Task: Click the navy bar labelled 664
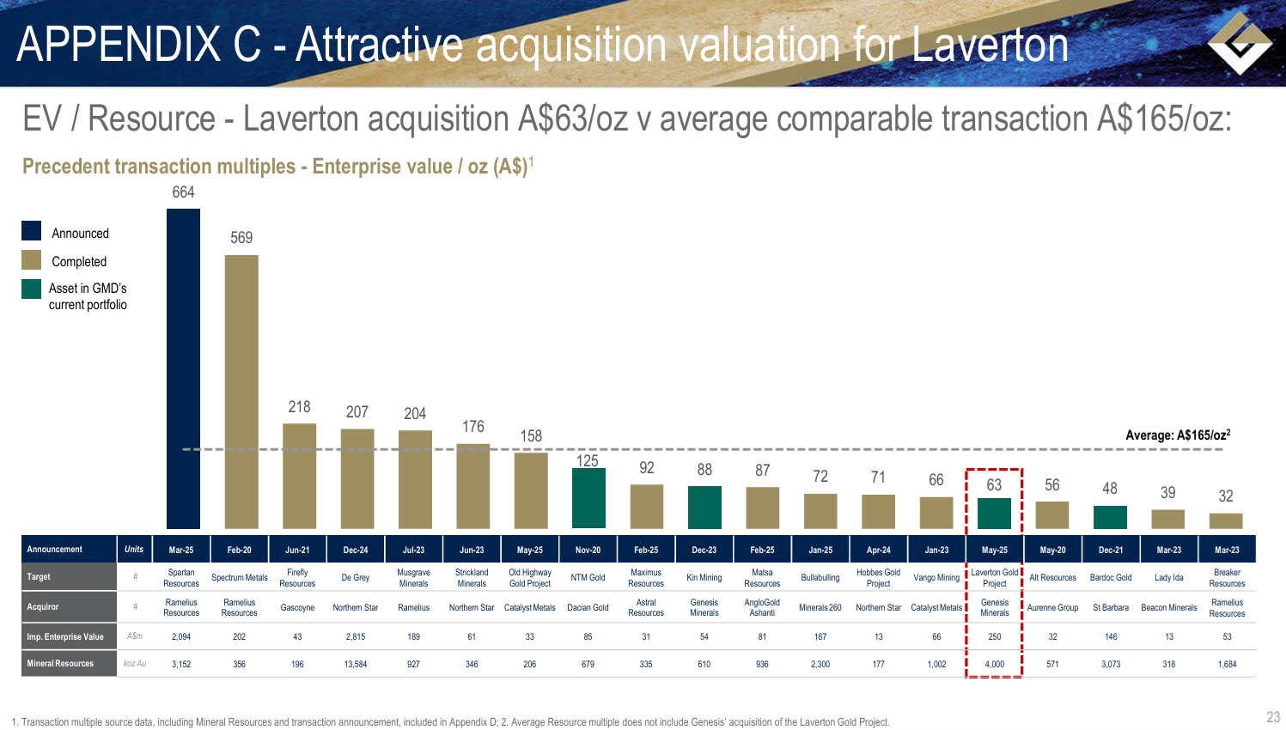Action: [x=183, y=368]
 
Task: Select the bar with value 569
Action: [x=241, y=391]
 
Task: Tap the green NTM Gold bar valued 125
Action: [x=588, y=498]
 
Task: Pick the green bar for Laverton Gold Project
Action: [x=995, y=513]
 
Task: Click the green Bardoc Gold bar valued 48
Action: [x=1110, y=517]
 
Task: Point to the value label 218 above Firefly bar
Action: [x=299, y=406]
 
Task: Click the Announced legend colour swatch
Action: [x=32, y=231]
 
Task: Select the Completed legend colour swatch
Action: [x=32, y=260]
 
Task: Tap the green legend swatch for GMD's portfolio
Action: [x=32, y=289]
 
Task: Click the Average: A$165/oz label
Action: [x=1178, y=435]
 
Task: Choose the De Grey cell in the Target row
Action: [x=356, y=578]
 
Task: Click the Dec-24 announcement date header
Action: [x=356, y=550]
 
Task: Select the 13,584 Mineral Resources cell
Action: [x=356, y=664]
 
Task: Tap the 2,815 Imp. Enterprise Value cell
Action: [x=356, y=636]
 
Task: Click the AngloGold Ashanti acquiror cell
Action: [x=762, y=607]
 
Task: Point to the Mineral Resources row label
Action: [x=61, y=664]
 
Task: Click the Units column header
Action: [x=134, y=550]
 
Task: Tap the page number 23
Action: [x=1273, y=717]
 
